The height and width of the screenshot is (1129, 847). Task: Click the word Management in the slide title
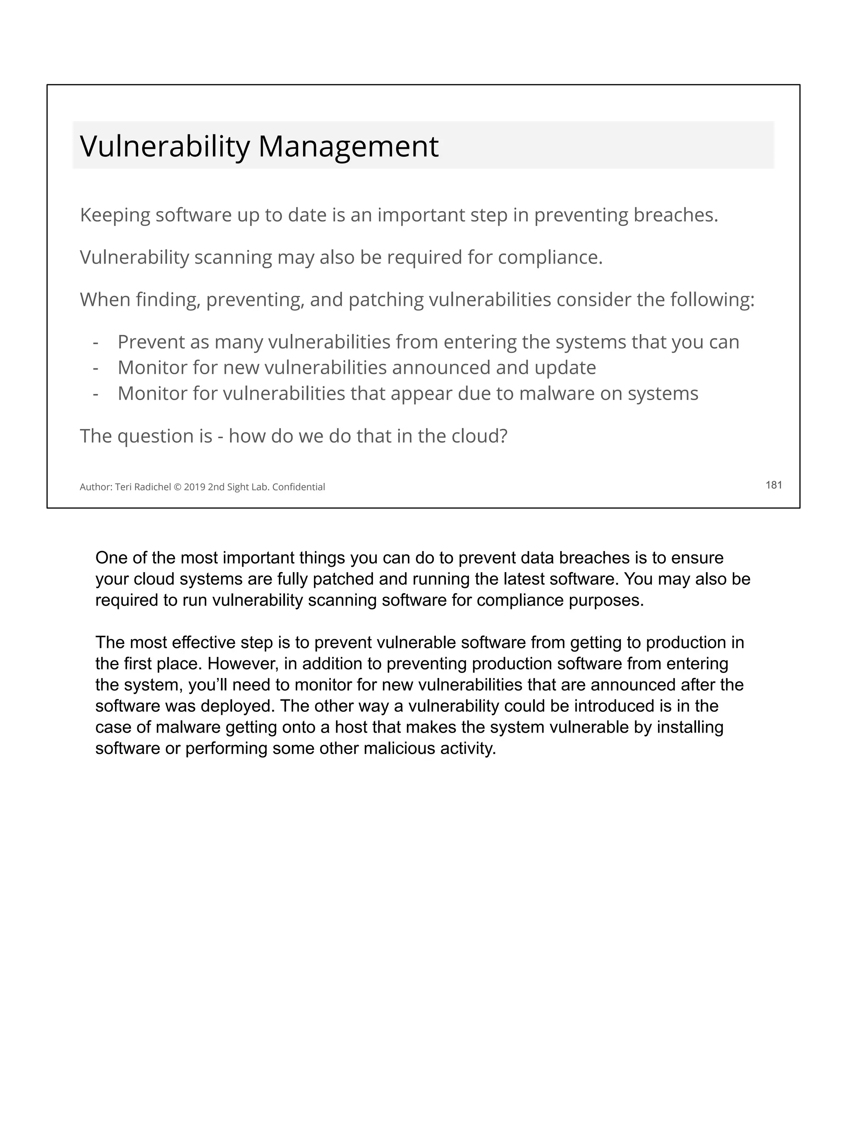(x=348, y=146)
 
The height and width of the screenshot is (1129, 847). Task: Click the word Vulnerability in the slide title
(x=165, y=146)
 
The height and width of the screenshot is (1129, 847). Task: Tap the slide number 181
(x=773, y=485)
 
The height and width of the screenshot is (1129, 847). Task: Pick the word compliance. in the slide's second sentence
(x=550, y=257)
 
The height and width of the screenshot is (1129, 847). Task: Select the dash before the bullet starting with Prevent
(x=96, y=342)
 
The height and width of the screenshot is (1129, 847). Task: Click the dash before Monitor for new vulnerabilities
(x=96, y=368)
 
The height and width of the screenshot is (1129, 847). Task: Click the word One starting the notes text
(x=111, y=557)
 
